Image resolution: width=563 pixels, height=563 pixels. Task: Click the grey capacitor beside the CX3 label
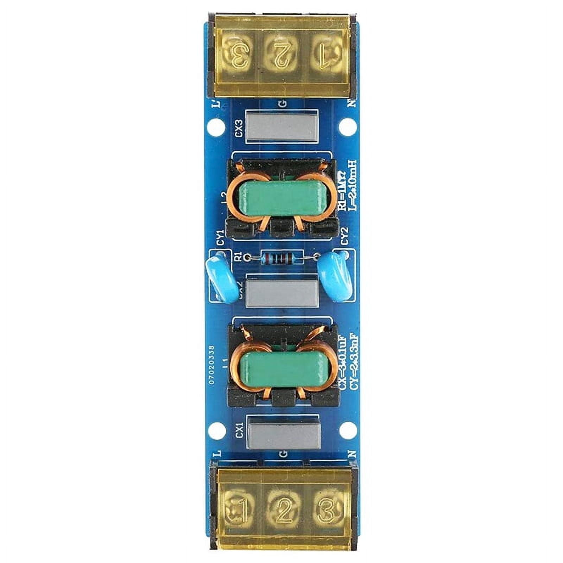[x=281, y=126]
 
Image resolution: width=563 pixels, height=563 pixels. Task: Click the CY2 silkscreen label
[x=345, y=235]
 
